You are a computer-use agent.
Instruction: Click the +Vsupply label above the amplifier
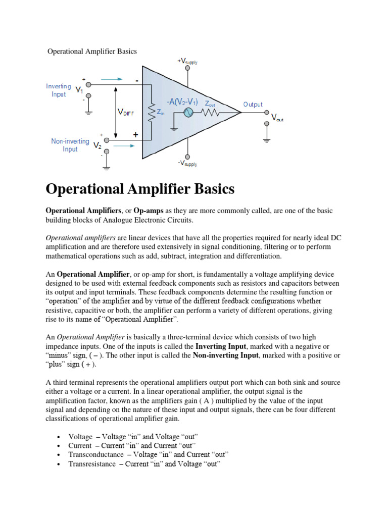pos(187,62)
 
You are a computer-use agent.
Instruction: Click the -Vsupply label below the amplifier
pos(187,164)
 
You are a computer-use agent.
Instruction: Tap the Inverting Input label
pos(59,90)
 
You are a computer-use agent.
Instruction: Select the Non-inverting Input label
pos(70,145)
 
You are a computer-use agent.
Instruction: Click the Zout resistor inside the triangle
pos(211,113)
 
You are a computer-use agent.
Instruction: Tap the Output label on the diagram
pos(253,105)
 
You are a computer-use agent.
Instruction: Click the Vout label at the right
pos(277,118)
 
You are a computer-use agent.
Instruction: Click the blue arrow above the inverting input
pos(112,79)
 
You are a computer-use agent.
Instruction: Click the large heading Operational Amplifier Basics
pos(140,189)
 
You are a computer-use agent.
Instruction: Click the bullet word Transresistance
pos(92,464)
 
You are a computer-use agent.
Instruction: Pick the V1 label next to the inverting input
pos(80,90)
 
